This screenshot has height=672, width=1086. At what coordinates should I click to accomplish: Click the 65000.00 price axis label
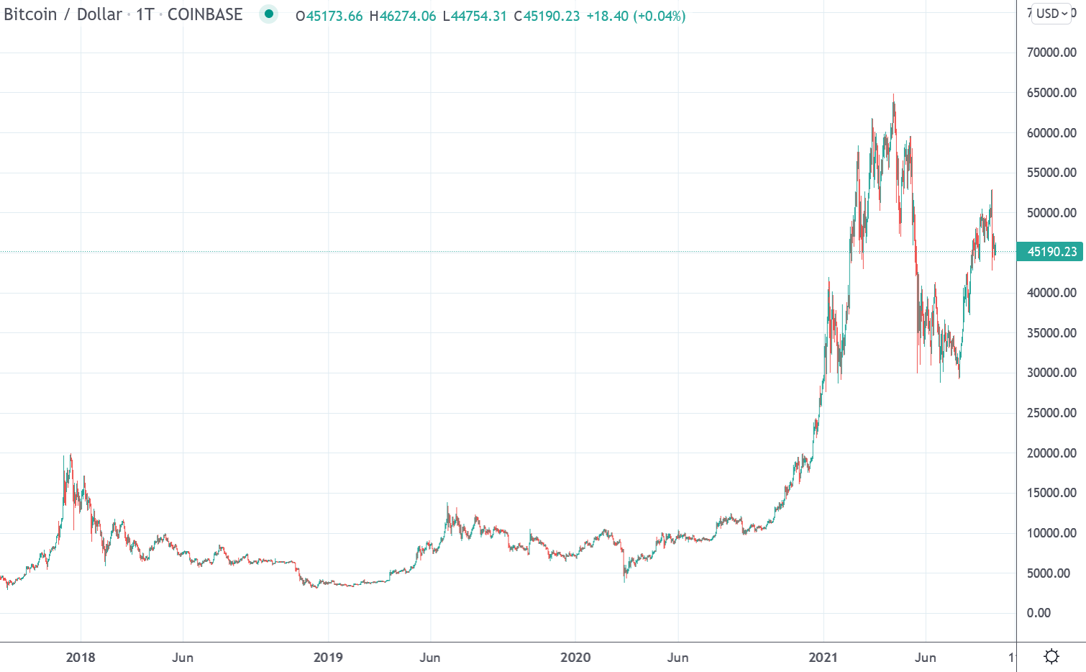click(x=1051, y=93)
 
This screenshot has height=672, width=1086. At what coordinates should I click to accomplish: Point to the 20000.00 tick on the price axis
click(x=1051, y=453)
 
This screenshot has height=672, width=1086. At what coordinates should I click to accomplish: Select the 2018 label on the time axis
click(x=80, y=658)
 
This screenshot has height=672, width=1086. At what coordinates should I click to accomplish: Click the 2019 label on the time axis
click(x=328, y=658)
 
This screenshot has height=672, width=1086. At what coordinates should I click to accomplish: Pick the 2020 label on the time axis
click(x=575, y=658)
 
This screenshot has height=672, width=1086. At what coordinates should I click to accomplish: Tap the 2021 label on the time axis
click(x=823, y=658)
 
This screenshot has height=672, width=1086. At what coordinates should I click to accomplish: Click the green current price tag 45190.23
click(x=1051, y=252)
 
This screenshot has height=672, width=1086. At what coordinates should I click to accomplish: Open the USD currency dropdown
click(x=1051, y=14)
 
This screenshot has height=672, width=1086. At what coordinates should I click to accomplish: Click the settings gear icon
click(x=1051, y=656)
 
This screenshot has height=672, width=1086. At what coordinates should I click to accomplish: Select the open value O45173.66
click(x=329, y=16)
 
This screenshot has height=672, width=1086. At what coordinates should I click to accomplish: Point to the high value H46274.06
click(x=403, y=16)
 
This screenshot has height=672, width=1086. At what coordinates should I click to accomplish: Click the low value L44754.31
click(x=475, y=16)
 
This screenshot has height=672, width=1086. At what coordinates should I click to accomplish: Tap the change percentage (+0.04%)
click(x=659, y=16)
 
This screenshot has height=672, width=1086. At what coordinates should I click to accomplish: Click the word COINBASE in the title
click(x=205, y=14)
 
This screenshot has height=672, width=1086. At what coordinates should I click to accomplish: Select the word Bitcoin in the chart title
click(x=30, y=14)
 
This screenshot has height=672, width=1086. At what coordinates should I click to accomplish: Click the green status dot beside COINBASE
click(x=269, y=14)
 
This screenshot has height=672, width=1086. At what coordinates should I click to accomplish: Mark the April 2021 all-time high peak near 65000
click(x=893, y=96)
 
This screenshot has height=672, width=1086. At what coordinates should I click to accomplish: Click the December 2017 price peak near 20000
click(x=70, y=456)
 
